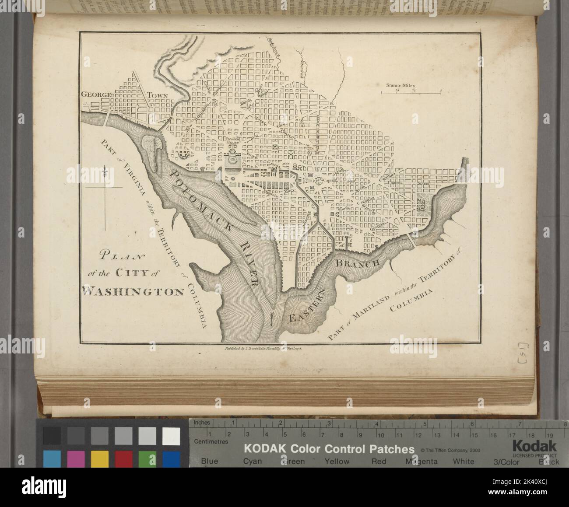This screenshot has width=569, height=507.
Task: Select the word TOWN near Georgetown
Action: [x=159, y=94]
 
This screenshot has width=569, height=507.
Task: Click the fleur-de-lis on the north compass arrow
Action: [x=105, y=172]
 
